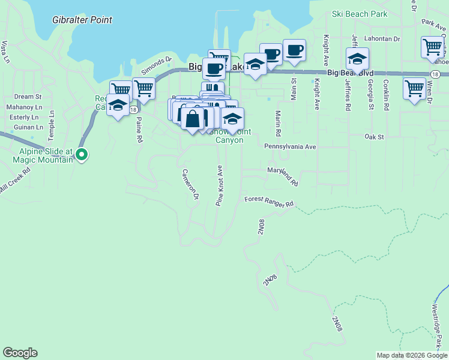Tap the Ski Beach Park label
[360, 14]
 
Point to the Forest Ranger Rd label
[268, 201]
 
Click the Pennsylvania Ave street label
[289, 146]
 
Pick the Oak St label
[374, 137]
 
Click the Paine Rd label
[139, 129]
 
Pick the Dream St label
[28, 96]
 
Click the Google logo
[20, 353]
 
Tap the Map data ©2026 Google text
[412, 355]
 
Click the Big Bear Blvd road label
[351, 73]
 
